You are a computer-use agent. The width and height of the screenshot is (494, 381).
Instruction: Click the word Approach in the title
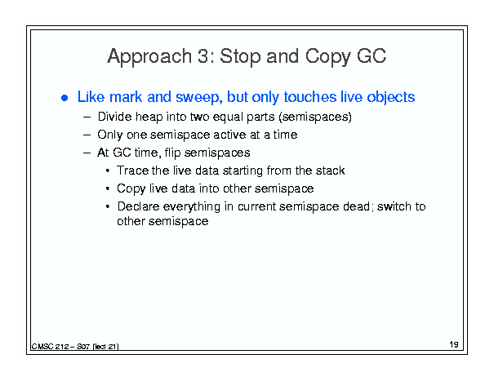point(149,57)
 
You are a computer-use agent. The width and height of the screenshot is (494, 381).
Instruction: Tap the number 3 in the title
point(204,56)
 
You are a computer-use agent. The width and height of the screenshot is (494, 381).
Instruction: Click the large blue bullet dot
point(65,98)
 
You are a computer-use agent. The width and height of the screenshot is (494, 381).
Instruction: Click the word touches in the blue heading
point(310,96)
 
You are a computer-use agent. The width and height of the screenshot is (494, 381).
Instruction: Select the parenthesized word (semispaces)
point(315,117)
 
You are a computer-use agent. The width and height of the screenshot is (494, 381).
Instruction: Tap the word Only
point(110,135)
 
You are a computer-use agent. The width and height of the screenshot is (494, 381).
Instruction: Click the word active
point(229,135)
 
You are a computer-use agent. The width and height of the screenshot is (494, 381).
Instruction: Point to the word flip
point(172,153)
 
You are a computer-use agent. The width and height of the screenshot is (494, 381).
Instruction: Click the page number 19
point(454,344)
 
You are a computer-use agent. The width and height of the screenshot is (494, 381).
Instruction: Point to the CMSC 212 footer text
point(75,347)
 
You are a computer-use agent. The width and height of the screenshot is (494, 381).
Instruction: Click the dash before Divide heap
point(87,117)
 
